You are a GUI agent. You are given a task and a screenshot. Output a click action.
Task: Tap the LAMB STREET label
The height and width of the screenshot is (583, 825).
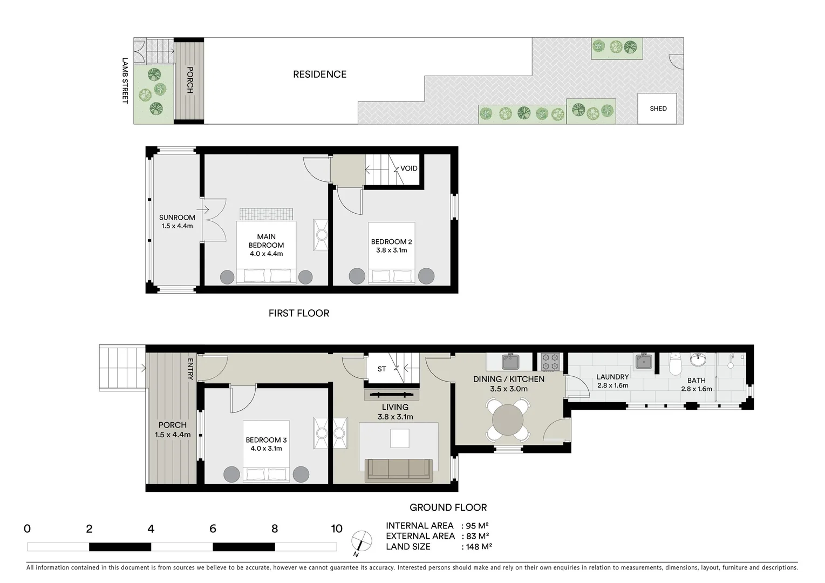coord(125,80)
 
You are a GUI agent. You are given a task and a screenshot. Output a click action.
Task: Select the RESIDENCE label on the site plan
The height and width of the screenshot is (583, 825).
coord(319,74)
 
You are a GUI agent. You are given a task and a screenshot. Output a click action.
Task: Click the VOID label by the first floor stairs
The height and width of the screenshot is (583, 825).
coord(408,168)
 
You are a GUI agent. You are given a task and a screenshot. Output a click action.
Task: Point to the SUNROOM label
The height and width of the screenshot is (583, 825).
coord(177,218)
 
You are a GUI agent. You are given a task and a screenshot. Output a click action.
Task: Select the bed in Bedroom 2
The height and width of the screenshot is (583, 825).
coord(392,254)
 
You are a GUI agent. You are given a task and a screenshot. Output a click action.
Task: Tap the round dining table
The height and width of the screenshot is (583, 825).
coord(508,421)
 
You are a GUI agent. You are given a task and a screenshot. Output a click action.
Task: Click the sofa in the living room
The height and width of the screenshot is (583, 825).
coord(399,470)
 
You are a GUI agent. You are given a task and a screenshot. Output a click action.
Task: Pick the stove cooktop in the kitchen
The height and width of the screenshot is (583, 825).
coord(550,362)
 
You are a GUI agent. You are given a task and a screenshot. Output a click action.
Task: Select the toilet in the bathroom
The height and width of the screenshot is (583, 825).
coord(675,364)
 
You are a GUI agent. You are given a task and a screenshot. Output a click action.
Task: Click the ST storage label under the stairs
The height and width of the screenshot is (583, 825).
coord(381,369)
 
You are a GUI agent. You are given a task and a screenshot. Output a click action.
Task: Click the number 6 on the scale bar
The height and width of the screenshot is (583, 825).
coord(213,529)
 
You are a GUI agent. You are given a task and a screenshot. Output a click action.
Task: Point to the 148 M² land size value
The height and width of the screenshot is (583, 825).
coord(476,547)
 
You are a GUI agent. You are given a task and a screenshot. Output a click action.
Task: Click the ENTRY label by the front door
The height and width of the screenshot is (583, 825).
coord(190,369)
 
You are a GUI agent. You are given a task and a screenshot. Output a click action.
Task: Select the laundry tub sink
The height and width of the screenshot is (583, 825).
coord(644,361)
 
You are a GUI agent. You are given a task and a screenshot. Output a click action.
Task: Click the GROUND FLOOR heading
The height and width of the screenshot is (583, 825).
coord(448,507)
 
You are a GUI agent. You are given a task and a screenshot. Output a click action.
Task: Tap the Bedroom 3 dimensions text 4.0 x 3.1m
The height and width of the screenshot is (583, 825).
coord(266,449)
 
